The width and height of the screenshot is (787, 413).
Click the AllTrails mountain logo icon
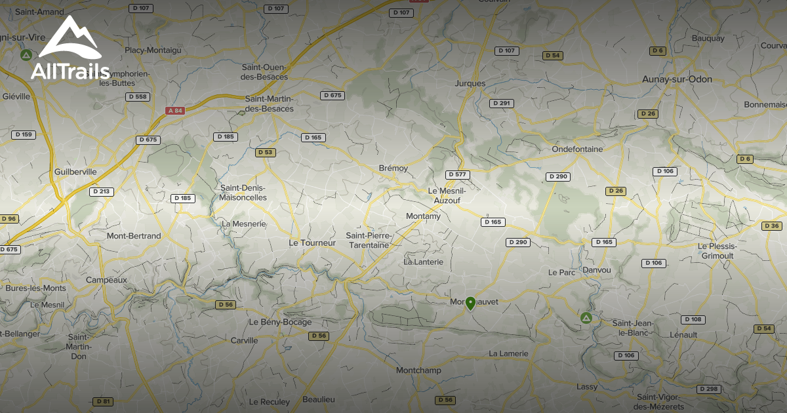click(69, 39)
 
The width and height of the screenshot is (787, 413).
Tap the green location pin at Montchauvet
click(470, 303)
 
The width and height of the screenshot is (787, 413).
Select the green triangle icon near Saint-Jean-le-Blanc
click(586, 319)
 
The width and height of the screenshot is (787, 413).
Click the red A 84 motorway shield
click(175, 111)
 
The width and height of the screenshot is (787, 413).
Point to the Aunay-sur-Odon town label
click(677, 79)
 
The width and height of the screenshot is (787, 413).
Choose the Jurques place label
click(470, 83)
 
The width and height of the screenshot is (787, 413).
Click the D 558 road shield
click(138, 97)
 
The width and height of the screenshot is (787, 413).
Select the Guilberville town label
click(76, 172)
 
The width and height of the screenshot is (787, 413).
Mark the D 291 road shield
click(502, 104)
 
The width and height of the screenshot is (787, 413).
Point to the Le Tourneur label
click(312, 243)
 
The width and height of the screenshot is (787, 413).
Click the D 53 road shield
click(265, 152)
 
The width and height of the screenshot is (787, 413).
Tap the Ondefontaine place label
click(577, 149)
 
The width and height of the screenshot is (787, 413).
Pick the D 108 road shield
click(693, 320)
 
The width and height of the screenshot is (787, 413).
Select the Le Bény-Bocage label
click(280, 323)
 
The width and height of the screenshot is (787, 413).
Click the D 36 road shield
click(772, 226)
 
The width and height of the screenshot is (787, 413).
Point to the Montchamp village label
click(418, 371)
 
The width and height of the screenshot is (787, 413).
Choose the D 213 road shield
click(102, 192)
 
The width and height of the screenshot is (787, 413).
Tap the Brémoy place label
click(393, 168)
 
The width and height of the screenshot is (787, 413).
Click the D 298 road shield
click(708, 389)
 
